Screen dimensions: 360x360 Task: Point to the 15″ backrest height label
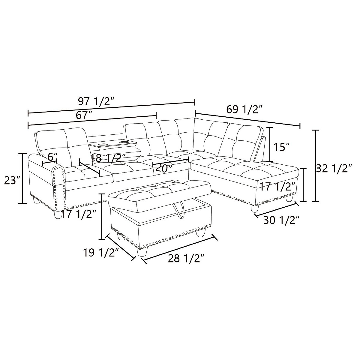(x=282, y=147)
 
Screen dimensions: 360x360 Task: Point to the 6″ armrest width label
(x=52, y=156)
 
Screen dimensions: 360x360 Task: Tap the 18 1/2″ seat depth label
(x=108, y=158)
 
